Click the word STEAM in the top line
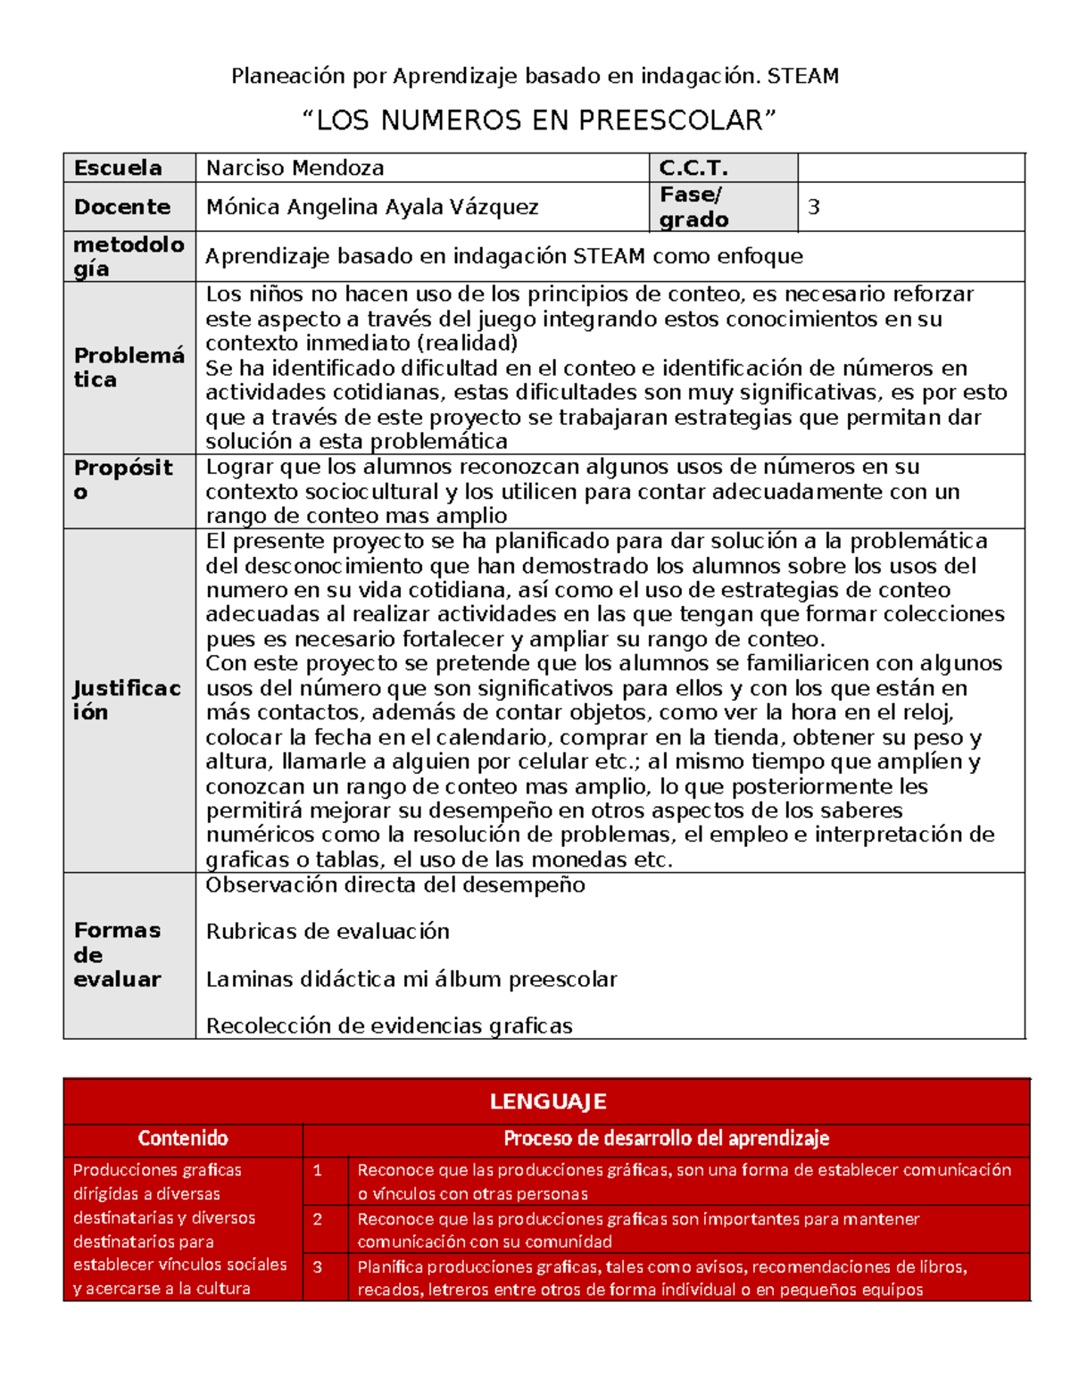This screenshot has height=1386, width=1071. (802, 77)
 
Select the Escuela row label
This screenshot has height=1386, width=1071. (118, 168)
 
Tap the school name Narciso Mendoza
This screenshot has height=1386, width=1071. (295, 168)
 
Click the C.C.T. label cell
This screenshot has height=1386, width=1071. (693, 168)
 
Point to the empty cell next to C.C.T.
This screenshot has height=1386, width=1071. (910, 168)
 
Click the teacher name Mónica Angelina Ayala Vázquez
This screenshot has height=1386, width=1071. (372, 207)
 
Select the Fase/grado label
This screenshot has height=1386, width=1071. (693, 207)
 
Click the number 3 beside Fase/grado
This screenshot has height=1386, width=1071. (813, 207)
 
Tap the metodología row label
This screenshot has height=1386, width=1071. (128, 256)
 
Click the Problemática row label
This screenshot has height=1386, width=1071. (128, 368)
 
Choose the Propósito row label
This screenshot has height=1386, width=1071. (123, 479)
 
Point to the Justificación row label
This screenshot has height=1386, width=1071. (127, 700)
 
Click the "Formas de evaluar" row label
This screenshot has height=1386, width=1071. (117, 955)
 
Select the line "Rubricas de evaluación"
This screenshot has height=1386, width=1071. (328, 932)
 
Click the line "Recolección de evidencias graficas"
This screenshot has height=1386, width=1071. (389, 1026)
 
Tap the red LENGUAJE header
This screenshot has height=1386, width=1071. (547, 1101)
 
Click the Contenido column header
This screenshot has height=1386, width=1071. (183, 1139)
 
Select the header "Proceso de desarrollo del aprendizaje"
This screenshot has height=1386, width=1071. (666, 1139)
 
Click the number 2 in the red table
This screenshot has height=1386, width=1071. (318, 1219)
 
